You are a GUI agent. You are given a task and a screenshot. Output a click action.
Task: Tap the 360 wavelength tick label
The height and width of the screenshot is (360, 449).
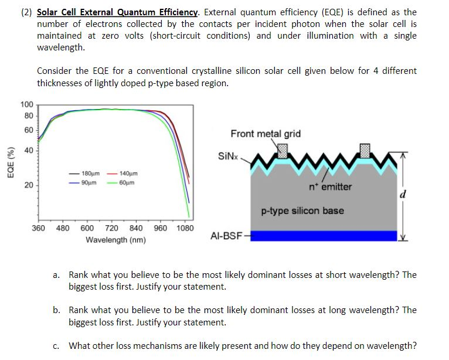tap(38, 229)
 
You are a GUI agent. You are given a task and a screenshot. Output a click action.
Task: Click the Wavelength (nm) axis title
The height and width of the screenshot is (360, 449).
tap(115, 240)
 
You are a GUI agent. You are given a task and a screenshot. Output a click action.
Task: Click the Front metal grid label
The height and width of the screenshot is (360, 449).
tap(266, 134)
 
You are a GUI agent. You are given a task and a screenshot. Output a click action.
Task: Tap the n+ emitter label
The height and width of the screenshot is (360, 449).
tap(331, 187)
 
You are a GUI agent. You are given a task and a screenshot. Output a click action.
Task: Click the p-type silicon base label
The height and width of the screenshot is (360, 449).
tap(302, 210)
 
